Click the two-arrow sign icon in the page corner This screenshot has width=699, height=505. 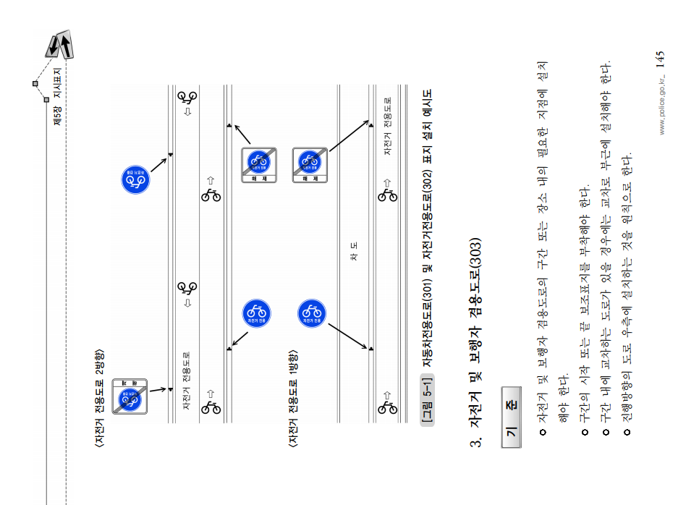59,45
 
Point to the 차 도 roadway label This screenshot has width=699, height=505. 354,252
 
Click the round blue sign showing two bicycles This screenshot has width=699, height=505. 136,179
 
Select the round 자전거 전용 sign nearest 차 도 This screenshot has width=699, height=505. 312,313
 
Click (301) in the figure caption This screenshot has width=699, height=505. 428,289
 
